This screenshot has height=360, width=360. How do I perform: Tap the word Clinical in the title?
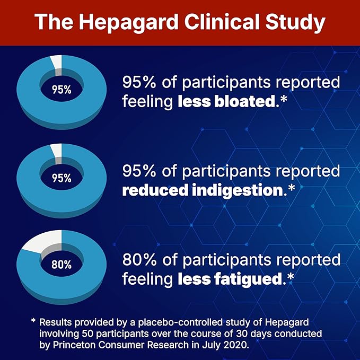(x=223, y=23)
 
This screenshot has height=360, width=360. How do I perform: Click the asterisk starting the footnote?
(x=33, y=321)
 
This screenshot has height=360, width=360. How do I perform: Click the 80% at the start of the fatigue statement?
(x=138, y=260)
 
